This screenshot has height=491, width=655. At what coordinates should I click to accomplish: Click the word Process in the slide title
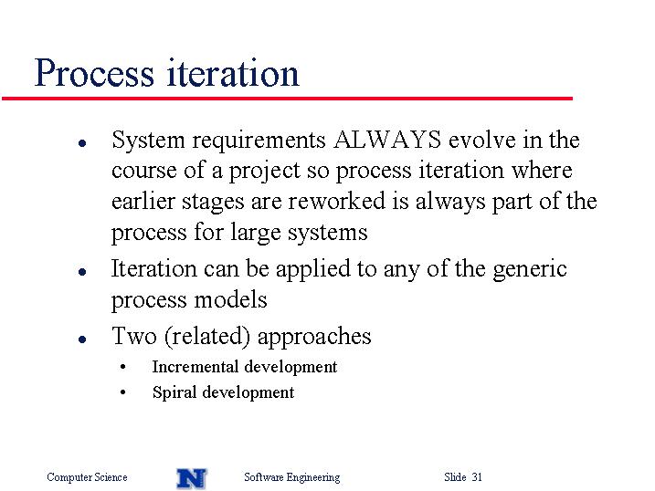[x=94, y=73]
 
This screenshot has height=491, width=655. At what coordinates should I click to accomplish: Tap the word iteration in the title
[x=233, y=73]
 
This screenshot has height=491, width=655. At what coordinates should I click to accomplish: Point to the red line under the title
[x=287, y=99]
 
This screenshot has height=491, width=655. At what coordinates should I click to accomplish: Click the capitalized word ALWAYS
[x=387, y=140]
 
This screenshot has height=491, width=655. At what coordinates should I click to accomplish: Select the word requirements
[x=259, y=141]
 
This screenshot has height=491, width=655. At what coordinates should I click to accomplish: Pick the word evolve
[x=482, y=140]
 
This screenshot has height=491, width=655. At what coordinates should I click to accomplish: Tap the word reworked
[x=336, y=201]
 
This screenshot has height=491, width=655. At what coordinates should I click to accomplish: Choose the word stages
[x=213, y=203]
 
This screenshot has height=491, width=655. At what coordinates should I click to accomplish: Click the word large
[x=256, y=234]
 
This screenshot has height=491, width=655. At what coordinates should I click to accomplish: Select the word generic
[x=530, y=270]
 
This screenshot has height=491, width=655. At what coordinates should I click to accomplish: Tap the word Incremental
[x=195, y=367]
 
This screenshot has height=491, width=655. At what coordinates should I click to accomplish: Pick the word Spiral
[x=174, y=393]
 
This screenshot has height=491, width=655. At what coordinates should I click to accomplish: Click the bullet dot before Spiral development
[x=122, y=392]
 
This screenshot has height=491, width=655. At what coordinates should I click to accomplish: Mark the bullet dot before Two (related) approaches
[x=82, y=340]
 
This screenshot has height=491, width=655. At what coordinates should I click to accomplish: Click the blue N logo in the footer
[x=192, y=478]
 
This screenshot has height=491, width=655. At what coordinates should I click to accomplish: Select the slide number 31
[x=478, y=476]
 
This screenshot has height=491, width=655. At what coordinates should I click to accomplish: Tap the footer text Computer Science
[x=87, y=477]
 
